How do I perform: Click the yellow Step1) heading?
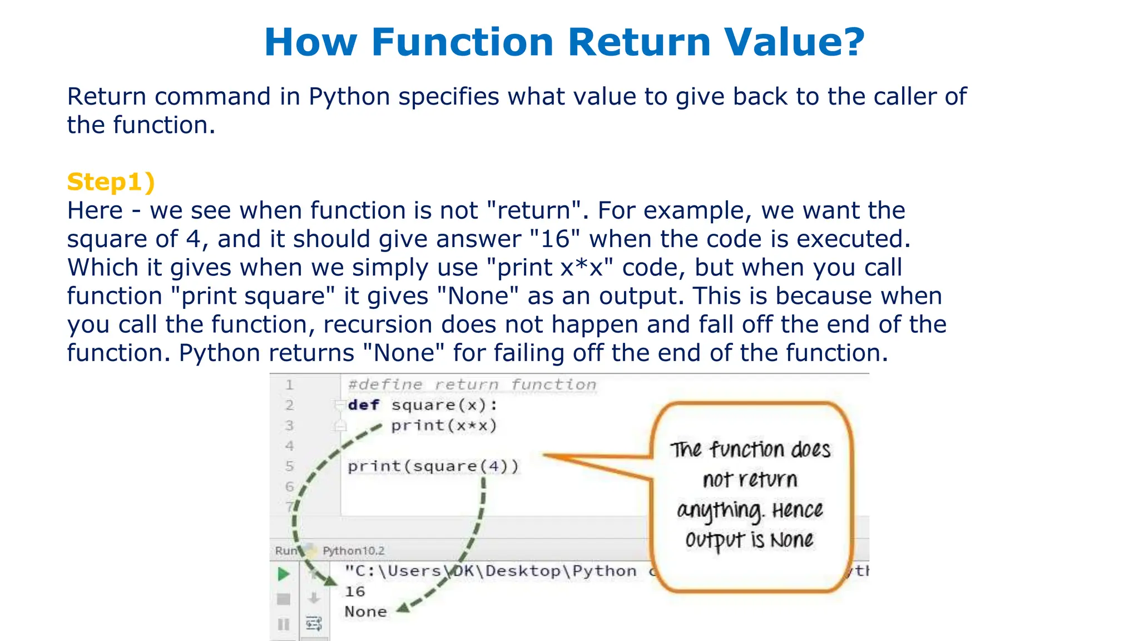(111, 182)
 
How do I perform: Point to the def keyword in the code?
(364, 405)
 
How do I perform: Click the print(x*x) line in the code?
(443, 426)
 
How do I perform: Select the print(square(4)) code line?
(433, 466)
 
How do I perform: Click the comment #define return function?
(472, 384)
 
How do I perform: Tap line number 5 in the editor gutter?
(289, 466)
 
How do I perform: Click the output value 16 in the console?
(355, 591)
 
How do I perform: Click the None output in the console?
(365, 612)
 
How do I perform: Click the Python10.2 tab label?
(353, 551)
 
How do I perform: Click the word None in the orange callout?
(791, 540)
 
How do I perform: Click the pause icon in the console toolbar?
(284, 624)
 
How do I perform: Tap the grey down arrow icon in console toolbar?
(314, 598)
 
